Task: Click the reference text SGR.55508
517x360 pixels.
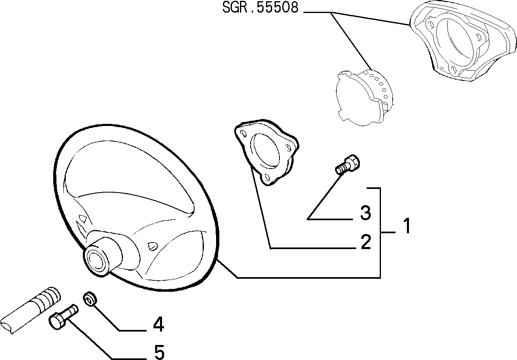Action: pos(260,8)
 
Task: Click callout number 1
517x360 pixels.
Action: pos(407,226)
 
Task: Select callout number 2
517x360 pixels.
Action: pos(366,242)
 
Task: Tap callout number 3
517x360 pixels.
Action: pos(366,213)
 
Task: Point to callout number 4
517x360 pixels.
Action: pos(158,324)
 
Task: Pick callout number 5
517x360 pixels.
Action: pos(159,352)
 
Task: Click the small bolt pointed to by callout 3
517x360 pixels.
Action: pos(348,165)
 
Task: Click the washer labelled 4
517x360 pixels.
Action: pos(90,299)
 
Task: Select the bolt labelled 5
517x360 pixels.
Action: pos(63,316)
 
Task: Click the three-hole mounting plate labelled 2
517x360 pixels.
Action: pos(266,152)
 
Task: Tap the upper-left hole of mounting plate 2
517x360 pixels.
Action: pos(243,134)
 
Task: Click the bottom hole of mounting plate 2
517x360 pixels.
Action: pos(267,177)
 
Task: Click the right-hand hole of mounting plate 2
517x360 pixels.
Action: pos(288,147)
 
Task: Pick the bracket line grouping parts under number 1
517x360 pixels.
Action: pos(380,232)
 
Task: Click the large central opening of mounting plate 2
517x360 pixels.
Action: pos(266,150)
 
